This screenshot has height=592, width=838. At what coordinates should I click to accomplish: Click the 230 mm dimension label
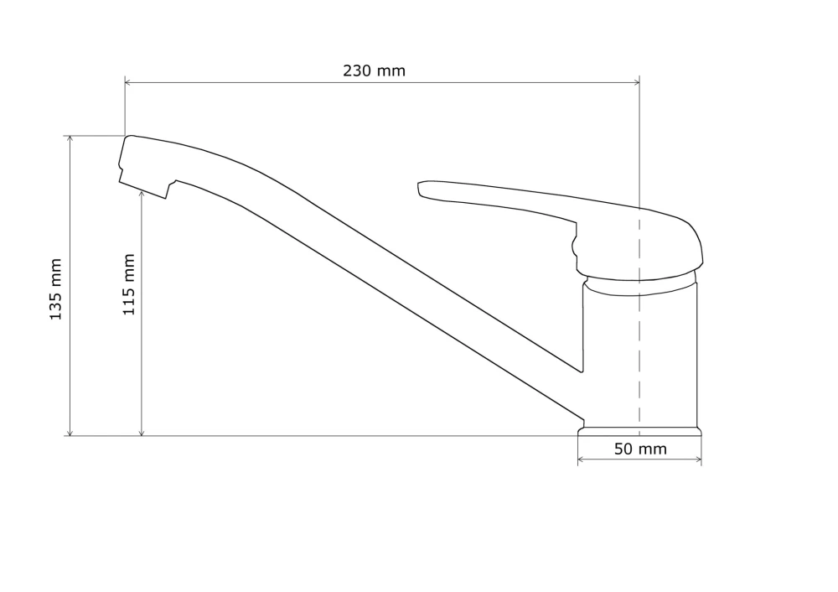tap(374, 70)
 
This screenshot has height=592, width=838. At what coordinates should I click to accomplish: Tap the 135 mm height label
tap(55, 289)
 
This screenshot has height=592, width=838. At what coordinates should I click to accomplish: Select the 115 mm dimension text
tap(129, 284)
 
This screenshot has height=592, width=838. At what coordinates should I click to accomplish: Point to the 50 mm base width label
tap(640, 449)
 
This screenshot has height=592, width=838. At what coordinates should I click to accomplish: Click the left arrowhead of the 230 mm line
tap(128, 82)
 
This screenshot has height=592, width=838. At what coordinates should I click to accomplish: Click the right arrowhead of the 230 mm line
tap(636, 82)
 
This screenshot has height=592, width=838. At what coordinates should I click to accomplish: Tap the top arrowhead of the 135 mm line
tap(70, 139)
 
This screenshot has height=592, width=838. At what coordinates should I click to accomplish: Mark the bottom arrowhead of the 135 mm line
tap(70, 432)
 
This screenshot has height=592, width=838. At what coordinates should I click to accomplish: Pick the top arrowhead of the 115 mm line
tap(142, 195)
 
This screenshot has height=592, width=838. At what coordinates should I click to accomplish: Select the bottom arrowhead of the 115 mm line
tap(142, 432)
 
